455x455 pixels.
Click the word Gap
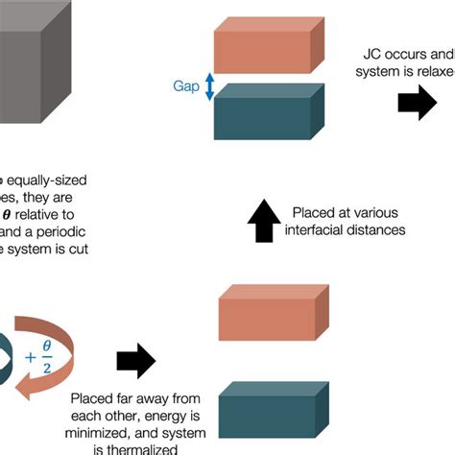pos(186,86)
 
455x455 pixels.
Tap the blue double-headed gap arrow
pos(208,86)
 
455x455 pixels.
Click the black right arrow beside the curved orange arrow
pos(134,361)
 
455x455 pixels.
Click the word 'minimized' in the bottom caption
pos(106,433)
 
